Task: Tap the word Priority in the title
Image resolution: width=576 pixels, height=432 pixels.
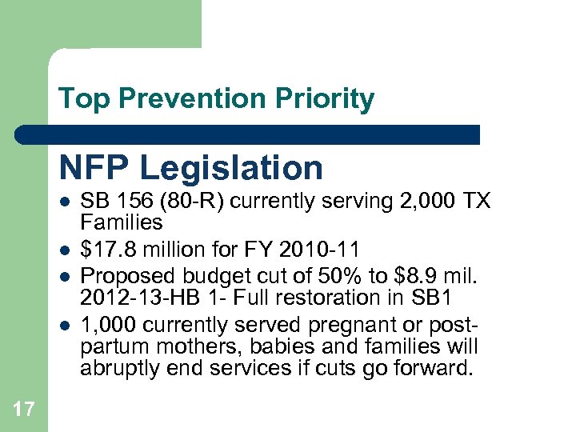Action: (x=325, y=99)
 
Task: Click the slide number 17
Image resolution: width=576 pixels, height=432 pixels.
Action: (x=24, y=410)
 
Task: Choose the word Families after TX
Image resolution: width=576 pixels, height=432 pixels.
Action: (x=121, y=222)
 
